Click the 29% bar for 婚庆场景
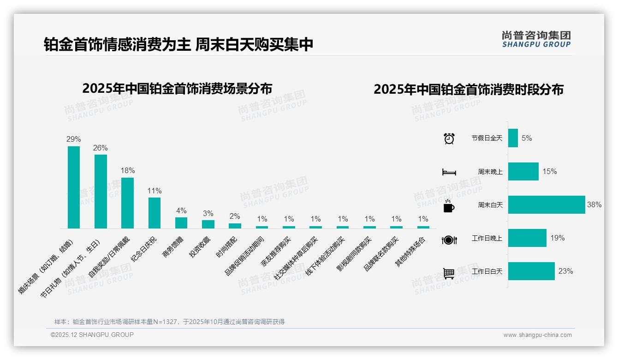[x=74, y=187]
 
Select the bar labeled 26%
[x=101, y=191]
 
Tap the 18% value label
[x=128, y=170]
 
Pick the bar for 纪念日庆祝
[x=154, y=213]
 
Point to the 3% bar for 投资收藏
[x=208, y=224]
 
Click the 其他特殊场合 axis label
[x=411, y=252]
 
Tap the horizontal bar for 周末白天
[x=546, y=204]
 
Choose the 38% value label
[x=594, y=204]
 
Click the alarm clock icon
[x=449, y=138]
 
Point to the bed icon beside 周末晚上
[x=449, y=172]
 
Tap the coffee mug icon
[x=449, y=206]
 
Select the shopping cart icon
[x=449, y=273]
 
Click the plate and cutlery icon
[x=449, y=240]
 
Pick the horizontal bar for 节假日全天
[x=513, y=138]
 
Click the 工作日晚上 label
[x=487, y=238]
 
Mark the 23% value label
[x=565, y=271]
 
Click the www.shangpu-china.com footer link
[x=537, y=335]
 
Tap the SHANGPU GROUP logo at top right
[x=536, y=39]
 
